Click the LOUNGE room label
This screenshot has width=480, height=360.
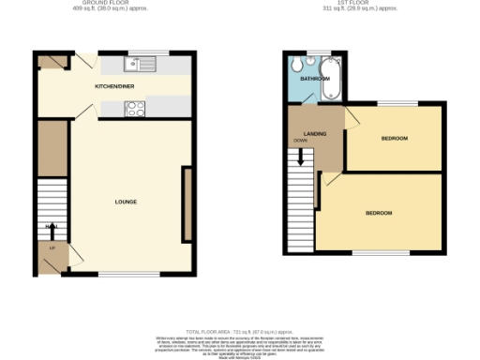(126, 202)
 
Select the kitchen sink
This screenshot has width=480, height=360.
(143, 64)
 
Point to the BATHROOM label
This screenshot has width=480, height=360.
(314, 79)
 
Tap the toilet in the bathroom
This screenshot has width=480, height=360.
(296, 63)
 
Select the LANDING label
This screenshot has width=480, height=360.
(315, 134)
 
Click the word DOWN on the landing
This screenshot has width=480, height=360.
(300, 141)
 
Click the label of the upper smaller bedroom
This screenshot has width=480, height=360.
(394, 139)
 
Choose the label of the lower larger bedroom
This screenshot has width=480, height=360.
(378, 214)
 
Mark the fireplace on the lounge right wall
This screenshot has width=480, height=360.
(187, 203)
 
